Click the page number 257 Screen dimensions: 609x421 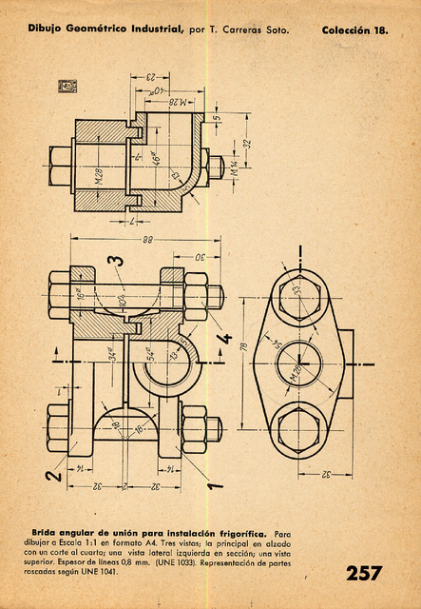365,573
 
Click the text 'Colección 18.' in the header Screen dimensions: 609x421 354,30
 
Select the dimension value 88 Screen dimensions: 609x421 146,240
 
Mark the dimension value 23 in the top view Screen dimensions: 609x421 150,77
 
